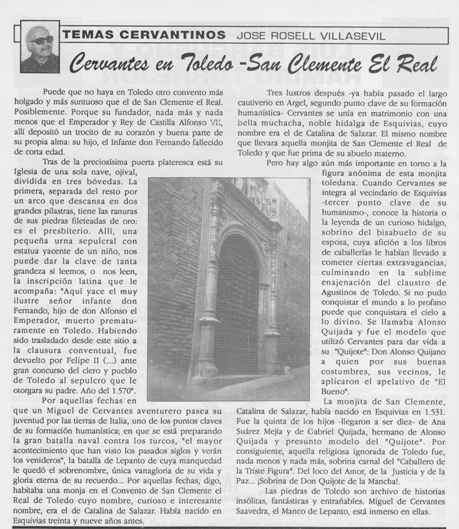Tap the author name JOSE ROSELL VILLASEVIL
click(311, 36)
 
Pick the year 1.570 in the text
click(117, 391)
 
